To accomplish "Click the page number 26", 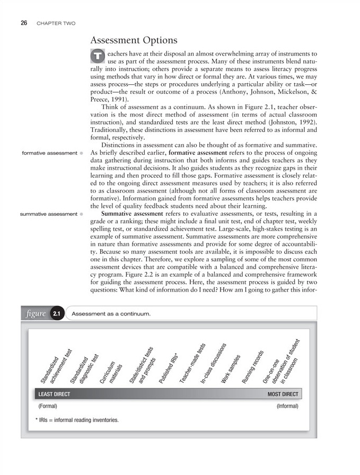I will point(24,23).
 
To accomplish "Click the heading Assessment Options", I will point(134,40).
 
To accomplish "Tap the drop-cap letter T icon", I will point(98,55).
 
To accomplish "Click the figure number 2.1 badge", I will point(57,314).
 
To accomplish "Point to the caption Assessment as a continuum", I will point(111,314).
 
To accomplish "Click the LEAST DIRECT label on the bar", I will point(54,394).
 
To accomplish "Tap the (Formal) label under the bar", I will point(47,407).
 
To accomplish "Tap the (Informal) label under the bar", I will point(287,407).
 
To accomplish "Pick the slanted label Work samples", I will point(231,370).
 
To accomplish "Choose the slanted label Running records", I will point(253,367).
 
